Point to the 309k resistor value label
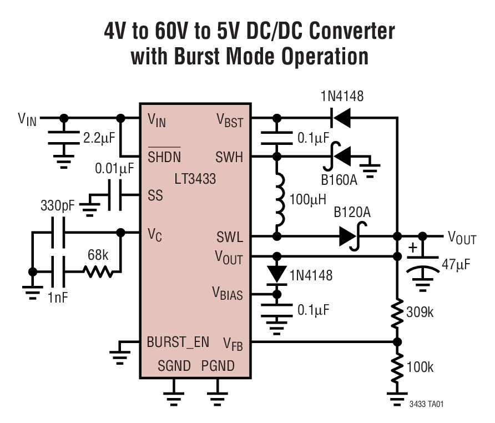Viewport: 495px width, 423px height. coord(420,312)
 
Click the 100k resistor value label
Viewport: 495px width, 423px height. coord(420,367)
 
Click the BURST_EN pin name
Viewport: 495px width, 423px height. coord(178,342)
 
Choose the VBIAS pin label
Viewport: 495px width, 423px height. coord(228,294)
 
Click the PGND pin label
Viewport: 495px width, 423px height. coord(218,366)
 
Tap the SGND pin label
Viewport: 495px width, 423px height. coord(174,366)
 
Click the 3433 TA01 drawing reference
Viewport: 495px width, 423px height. coord(425,404)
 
